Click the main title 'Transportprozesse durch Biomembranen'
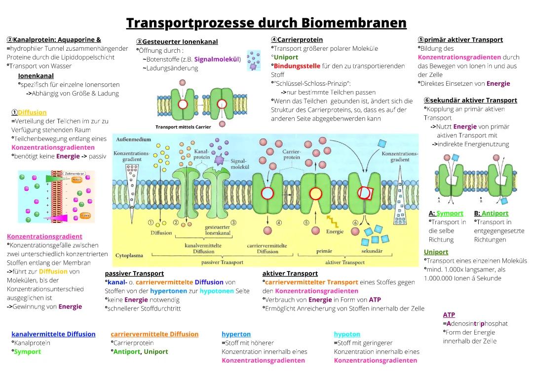[266, 23]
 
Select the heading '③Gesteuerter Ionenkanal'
[177, 42]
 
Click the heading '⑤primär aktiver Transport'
[460, 39]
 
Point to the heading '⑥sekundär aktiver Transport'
[470, 100]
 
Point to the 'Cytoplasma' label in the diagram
[129, 256]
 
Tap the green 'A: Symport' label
[446, 213]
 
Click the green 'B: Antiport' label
[491, 213]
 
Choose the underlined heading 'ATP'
[449, 314]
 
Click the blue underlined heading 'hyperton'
[236, 334]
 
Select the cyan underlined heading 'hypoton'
[346, 334]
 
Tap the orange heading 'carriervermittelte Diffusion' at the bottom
[154, 334]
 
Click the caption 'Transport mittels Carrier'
[183, 127]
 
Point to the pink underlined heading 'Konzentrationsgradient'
[44, 237]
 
